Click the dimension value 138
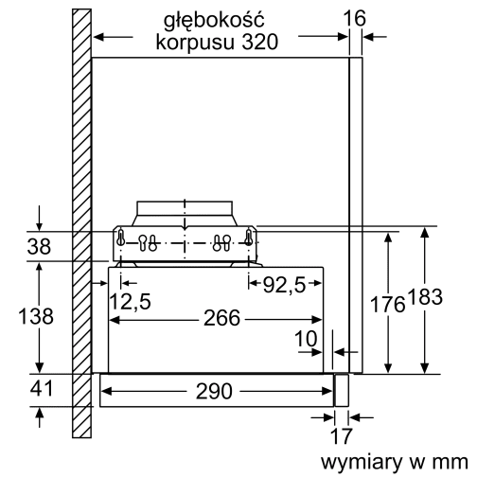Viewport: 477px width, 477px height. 37,317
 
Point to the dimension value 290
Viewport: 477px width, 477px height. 218,390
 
